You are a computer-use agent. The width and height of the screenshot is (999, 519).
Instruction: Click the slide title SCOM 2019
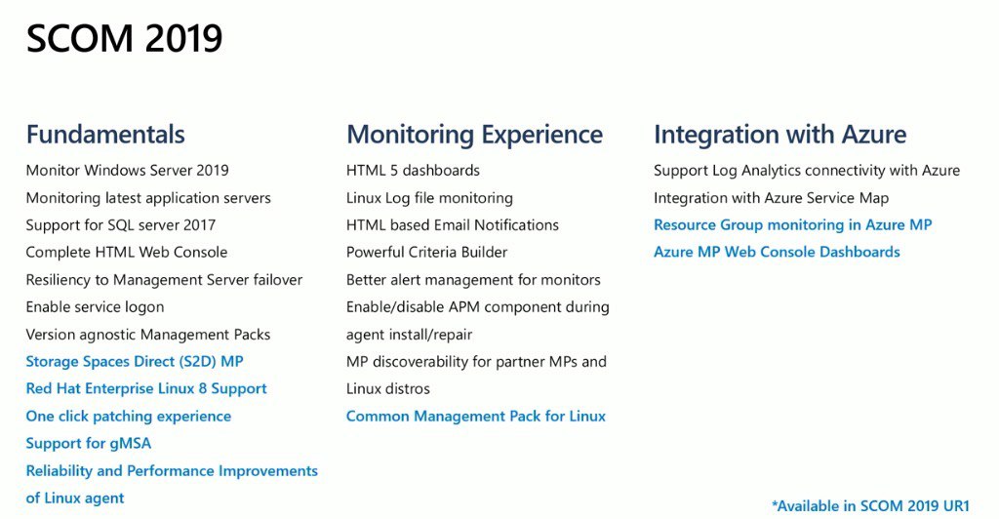124,39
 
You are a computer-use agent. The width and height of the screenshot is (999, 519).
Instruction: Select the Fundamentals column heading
105,135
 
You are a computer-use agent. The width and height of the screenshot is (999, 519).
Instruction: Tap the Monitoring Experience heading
475,135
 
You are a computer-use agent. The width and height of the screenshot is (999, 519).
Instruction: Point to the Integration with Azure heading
779,135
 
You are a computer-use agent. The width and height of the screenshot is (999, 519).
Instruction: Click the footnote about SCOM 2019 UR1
870,506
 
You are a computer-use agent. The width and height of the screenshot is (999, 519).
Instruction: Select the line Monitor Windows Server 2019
128,171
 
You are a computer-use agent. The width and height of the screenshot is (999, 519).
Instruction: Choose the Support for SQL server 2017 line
121,225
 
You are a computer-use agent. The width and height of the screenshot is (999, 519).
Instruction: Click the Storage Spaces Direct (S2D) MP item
135,362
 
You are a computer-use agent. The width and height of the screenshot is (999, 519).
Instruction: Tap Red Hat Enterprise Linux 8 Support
146,389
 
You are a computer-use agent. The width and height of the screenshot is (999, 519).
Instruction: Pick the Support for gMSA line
89,444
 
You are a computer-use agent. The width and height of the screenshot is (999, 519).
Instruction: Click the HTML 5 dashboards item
413,171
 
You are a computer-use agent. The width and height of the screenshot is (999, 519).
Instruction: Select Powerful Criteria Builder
427,252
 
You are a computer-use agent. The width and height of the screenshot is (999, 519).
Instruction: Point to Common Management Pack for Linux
476,417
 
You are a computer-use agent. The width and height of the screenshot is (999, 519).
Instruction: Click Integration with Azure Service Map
771,198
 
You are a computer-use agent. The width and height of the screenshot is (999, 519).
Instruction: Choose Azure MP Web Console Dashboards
777,252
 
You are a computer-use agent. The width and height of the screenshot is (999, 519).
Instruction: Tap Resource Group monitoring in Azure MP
792,225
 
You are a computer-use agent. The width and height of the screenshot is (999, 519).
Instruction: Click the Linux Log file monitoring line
429,198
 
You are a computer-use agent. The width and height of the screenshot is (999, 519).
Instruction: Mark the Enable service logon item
95,307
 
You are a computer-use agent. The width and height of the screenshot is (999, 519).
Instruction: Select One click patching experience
129,417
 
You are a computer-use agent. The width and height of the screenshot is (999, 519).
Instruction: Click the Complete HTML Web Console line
127,252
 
